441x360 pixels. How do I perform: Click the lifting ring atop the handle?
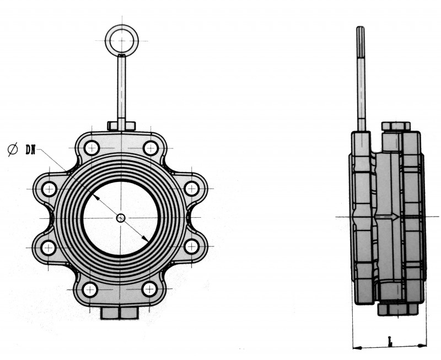[x=121, y=40]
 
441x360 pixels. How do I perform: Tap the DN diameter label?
[x=30, y=149]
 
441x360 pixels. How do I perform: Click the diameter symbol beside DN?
[x=13, y=149]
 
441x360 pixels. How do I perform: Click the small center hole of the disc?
[x=121, y=218]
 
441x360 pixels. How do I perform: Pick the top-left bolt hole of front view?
[x=92, y=148]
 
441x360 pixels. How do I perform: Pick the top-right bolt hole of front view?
[x=150, y=148]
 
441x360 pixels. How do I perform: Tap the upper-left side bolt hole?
[x=49, y=189]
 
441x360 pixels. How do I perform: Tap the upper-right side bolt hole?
[x=192, y=189]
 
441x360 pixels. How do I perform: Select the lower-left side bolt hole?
[x=49, y=247]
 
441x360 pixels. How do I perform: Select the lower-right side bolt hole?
[x=192, y=247]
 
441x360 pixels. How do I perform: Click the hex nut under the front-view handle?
[x=121, y=126]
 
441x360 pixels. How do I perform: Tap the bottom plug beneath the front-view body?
[x=119, y=313]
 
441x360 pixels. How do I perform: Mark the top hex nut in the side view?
[x=395, y=126]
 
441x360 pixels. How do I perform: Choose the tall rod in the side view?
[x=361, y=77]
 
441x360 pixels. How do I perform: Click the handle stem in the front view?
[x=121, y=88]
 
